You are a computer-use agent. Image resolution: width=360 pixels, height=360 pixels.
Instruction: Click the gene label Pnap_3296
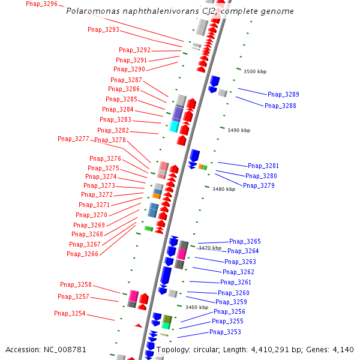click(42, 4)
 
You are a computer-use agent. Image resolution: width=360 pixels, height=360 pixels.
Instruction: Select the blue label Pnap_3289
click(283, 94)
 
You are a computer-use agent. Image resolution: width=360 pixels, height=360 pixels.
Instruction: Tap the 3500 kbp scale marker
click(254, 71)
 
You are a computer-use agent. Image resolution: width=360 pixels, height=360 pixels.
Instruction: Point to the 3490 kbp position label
click(239, 130)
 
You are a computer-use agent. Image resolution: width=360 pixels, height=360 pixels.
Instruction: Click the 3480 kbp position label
click(224, 189)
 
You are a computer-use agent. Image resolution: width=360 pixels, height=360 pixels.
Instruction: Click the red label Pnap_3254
click(70, 313)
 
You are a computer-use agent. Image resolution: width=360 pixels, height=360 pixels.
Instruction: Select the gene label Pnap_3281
click(263, 166)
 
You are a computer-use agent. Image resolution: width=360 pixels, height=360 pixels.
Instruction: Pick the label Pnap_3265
click(245, 241)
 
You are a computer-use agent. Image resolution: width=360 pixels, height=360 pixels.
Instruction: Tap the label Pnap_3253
click(225, 332)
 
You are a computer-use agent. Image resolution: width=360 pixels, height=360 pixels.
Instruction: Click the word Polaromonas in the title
click(91, 11)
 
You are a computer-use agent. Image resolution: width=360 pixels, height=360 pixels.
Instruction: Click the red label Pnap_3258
click(76, 284)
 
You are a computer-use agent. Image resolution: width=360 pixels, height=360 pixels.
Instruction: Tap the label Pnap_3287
click(126, 80)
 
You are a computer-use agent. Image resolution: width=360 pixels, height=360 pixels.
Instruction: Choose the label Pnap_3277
click(73, 139)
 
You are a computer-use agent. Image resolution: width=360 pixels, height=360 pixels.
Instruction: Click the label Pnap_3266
click(82, 254)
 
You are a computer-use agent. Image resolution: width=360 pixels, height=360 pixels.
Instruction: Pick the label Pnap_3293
click(103, 29)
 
